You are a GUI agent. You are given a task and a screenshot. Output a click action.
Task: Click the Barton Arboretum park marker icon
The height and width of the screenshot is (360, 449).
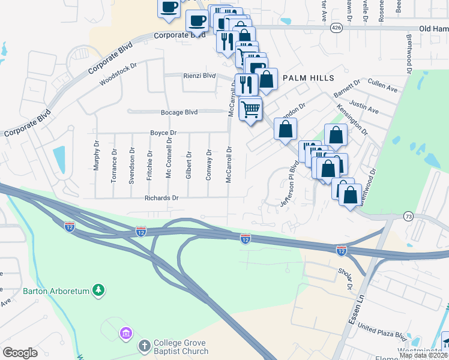98,291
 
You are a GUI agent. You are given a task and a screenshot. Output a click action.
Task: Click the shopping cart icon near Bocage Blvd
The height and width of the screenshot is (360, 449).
250,109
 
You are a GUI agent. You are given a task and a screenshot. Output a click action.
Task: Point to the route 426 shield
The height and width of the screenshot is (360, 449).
336,28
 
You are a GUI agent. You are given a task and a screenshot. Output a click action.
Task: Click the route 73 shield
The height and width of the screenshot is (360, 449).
408,216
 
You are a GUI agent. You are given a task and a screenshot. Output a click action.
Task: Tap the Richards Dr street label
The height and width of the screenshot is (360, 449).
161,197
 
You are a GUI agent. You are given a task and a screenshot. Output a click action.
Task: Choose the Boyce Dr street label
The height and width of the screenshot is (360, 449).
163,133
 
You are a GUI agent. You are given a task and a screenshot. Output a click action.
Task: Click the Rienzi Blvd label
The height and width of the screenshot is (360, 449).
199,76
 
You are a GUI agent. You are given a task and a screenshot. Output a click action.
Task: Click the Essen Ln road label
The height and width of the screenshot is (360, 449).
353,313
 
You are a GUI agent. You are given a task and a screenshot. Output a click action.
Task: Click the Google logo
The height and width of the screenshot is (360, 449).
20,353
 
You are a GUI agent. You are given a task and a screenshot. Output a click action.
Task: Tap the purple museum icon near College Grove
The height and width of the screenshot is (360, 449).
125,332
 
